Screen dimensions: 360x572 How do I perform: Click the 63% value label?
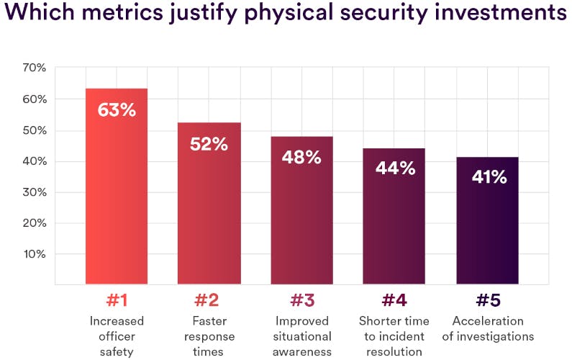pyautogui.click(x=117, y=110)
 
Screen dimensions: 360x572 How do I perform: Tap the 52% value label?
pyautogui.click(x=209, y=144)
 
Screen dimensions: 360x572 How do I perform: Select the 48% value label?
pyautogui.click(x=301, y=157)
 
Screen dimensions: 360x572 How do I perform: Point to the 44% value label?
pyautogui.click(x=394, y=168)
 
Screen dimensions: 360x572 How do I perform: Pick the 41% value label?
pyautogui.click(x=487, y=177)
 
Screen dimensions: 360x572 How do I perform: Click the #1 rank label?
pyautogui.click(x=117, y=300)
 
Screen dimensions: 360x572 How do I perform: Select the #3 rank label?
pyautogui.click(x=301, y=300)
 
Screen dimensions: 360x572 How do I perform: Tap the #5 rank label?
pyautogui.click(x=487, y=300)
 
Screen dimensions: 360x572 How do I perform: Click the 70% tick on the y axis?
pyautogui.click(x=34, y=68)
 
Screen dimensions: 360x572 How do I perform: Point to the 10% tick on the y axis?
pyautogui.click(x=34, y=253)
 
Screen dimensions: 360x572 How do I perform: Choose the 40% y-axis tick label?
pyautogui.click(x=34, y=161)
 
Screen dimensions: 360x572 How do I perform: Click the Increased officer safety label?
pyautogui.click(x=117, y=336)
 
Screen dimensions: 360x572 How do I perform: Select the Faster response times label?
pyautogui.click(x=209, y=336)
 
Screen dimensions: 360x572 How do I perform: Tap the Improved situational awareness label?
pyautogui.click(x=301, y=336)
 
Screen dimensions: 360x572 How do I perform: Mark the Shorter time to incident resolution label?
pyautogui.click(x=394, y=336)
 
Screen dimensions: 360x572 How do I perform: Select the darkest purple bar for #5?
pyautogui.click(x=487, y=230)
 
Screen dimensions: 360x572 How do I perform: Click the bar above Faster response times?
pyautogui.click(x=209, y=216)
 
